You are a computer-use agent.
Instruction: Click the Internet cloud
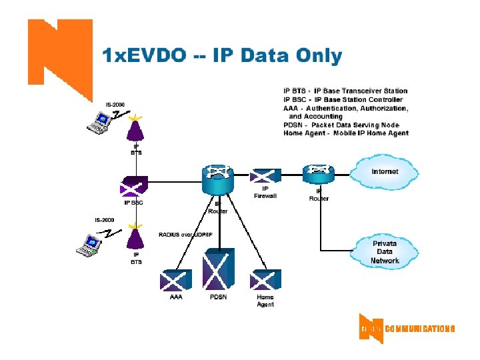(385, 172)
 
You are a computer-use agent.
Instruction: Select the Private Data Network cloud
(385, 252)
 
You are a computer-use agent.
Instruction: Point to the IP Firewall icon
(265, 176)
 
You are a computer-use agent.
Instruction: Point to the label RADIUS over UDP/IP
(185, 234)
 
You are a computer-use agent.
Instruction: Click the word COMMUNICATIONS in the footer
(419, 329)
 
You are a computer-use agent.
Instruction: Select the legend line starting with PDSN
(341, 125)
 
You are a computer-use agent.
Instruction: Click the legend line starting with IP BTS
(345, 91)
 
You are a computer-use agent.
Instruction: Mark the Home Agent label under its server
(265, 301)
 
